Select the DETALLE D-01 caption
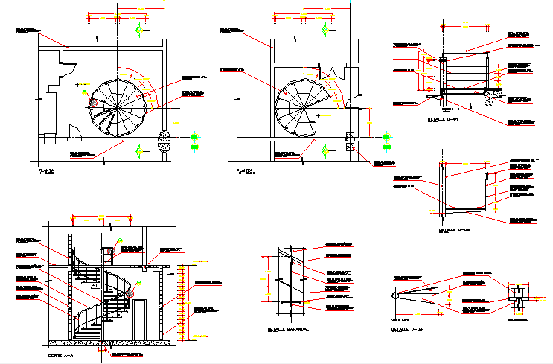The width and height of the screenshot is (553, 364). (443, 119)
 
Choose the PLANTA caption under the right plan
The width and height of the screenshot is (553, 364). (246, 172)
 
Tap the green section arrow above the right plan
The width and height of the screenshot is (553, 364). (325, 31)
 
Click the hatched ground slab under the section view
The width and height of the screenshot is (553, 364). (112, 343)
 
